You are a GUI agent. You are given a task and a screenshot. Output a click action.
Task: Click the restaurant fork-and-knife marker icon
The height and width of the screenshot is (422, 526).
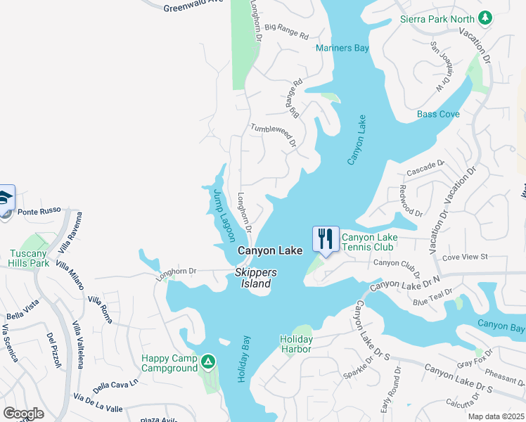[325, 238]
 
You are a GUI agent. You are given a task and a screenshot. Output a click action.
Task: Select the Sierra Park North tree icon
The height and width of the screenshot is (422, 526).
[484, 18]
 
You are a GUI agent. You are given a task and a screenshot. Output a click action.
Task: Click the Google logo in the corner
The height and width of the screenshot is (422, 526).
[23, 414]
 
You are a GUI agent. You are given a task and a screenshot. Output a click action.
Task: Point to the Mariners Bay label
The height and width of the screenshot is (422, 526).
[342, 49]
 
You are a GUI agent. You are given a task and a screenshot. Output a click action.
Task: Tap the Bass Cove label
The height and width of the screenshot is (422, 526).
[438, 114]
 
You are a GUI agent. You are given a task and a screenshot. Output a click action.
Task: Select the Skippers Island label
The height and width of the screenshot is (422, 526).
[257, 278]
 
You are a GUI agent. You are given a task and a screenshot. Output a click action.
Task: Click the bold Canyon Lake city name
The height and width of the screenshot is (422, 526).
[269, 250]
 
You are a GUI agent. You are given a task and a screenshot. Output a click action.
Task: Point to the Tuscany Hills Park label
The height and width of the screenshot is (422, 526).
[29, 258]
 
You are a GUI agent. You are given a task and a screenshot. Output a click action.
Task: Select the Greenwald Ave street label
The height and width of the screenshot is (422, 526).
[193, 7]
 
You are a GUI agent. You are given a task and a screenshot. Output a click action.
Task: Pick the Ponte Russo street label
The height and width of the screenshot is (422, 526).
[39, 211]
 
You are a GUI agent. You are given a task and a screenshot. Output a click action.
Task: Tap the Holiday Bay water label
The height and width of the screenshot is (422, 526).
[241, 358]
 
